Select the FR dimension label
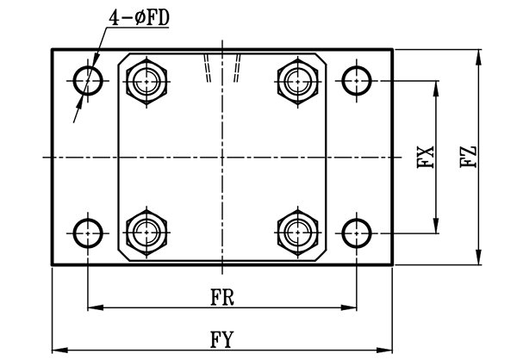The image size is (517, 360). (223, 295)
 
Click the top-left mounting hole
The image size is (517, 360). (88, 81)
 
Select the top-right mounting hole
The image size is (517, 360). (356, 81)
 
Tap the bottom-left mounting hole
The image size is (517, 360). (88, 233)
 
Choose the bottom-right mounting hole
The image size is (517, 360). (356, 233)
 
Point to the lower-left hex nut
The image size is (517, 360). (148, 232)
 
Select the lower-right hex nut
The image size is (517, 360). (297, 232)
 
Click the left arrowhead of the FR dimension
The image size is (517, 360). (92, 306)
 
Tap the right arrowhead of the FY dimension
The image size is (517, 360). (389, 349)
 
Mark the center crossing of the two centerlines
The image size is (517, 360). (223, 157)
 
